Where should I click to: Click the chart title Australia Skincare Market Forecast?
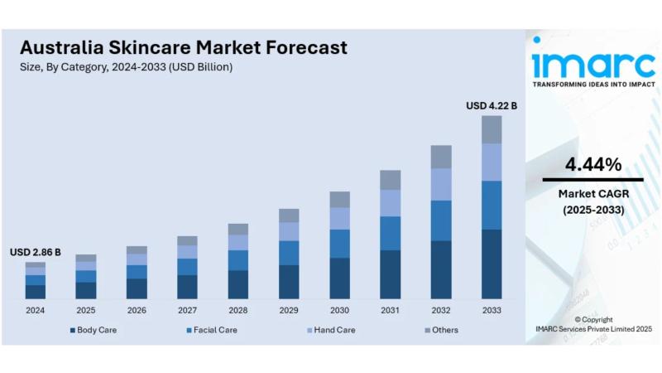tap(184, 47)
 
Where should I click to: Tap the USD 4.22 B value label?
tap(492, 105)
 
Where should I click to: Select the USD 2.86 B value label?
tap(35, 251)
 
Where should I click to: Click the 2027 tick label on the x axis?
tap(187, 311)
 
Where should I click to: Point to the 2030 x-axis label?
tap(339, 311)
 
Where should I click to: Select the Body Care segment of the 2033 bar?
tap(492, 264)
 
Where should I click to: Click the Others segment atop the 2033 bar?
tap(492, 129)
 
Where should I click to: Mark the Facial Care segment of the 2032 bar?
tap(441, 220)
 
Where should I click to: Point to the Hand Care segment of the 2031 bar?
tap(390, 203)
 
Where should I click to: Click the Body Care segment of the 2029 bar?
tap(289, 282)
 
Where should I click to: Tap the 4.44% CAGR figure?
tap(592, 165)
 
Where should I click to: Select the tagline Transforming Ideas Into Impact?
tap(592, 85)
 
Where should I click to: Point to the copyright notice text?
tap(592, 324)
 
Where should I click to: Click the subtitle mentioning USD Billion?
tap(126, 67)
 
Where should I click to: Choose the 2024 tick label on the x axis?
tap(35, 311)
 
